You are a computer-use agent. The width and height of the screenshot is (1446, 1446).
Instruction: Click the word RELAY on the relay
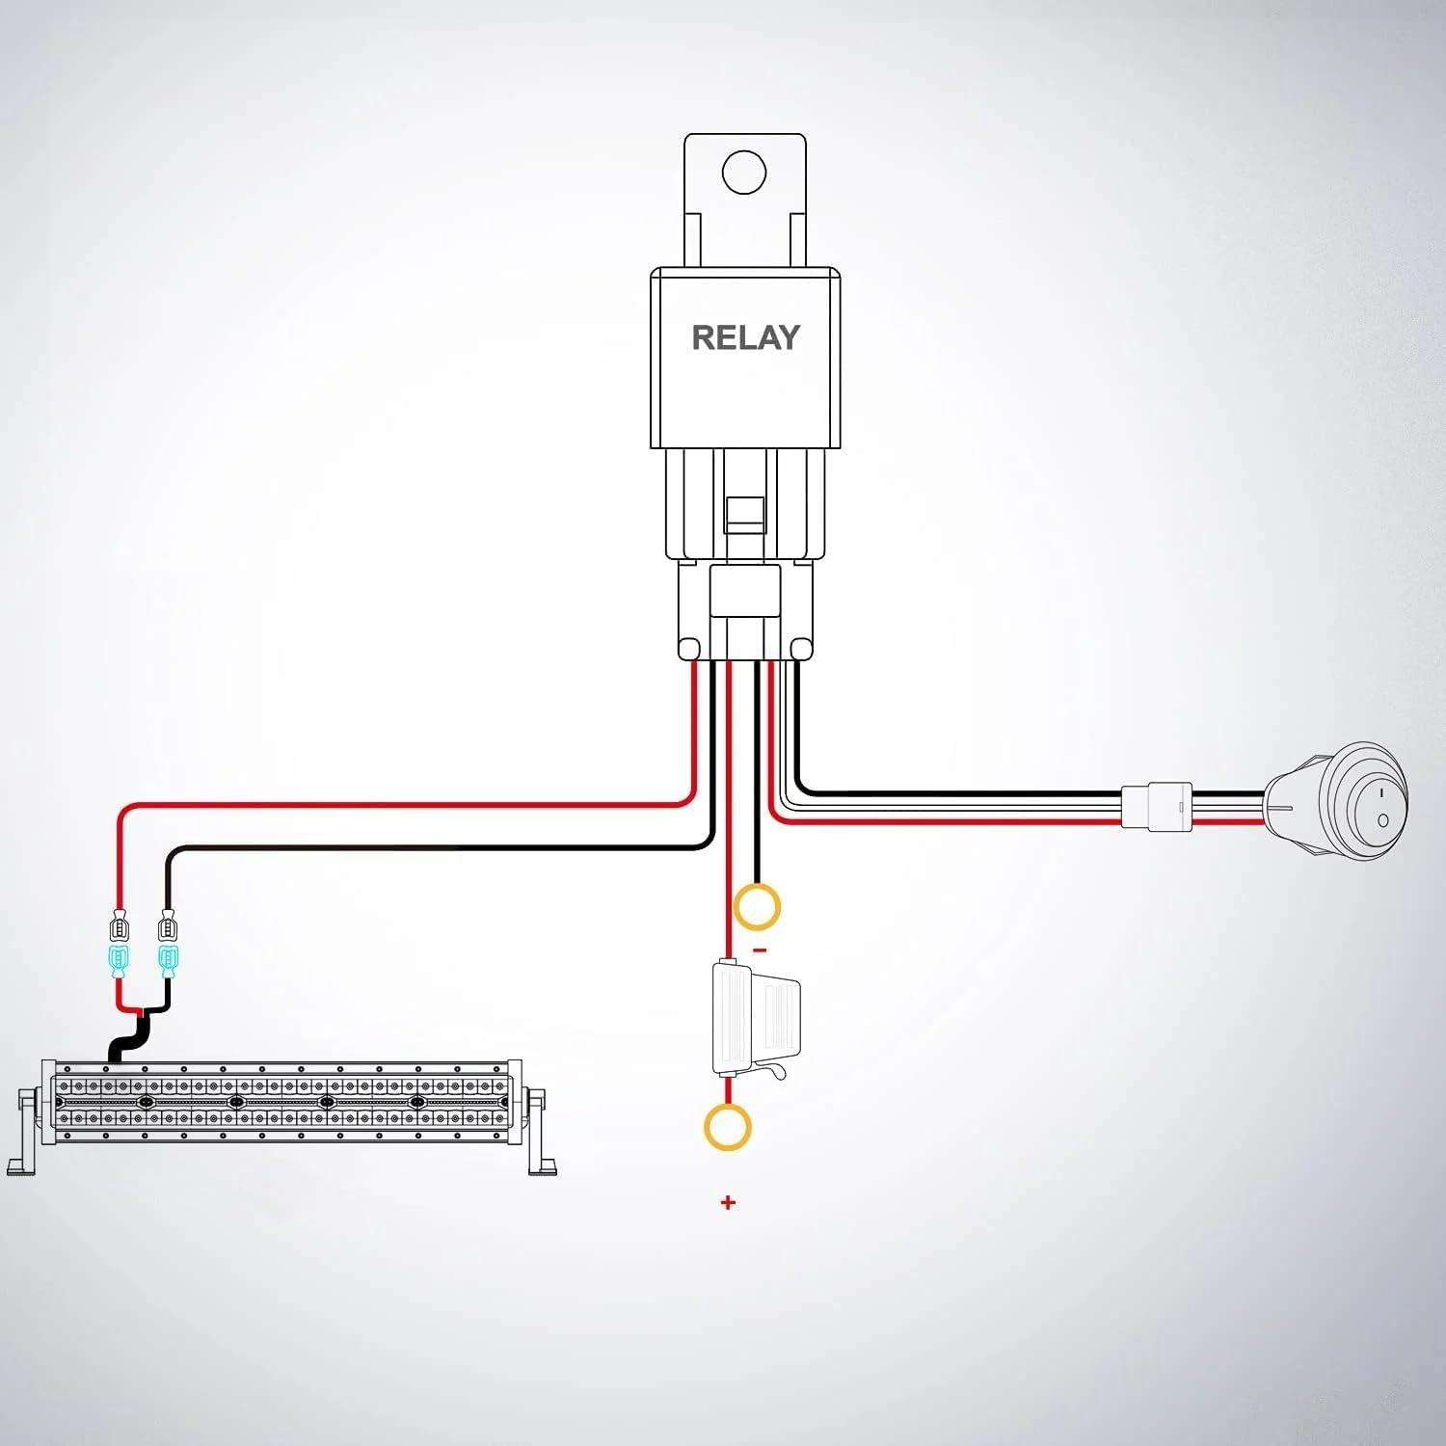point(745,337)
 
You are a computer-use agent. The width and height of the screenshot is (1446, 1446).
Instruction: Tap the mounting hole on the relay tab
point(744,174)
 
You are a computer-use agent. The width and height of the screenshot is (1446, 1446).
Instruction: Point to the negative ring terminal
point(757,907)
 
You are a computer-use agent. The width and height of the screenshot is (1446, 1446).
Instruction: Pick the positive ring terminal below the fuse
point(728,1127)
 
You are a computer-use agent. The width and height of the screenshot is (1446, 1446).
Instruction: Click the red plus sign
point(728,1202)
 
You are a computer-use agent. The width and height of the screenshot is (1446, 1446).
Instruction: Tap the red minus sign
point(760,951)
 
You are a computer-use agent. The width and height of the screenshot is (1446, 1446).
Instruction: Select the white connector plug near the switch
point(1156,807)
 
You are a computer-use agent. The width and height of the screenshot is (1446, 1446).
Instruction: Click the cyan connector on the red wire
point(120,960)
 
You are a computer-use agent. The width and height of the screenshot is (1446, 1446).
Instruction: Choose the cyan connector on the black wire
point(169,960)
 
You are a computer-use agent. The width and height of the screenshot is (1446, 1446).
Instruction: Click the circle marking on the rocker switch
point(1383,820)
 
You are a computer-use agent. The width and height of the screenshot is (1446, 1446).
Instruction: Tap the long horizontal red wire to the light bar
point(405,805)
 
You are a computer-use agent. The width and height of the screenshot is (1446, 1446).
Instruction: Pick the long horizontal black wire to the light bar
point(434,848)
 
